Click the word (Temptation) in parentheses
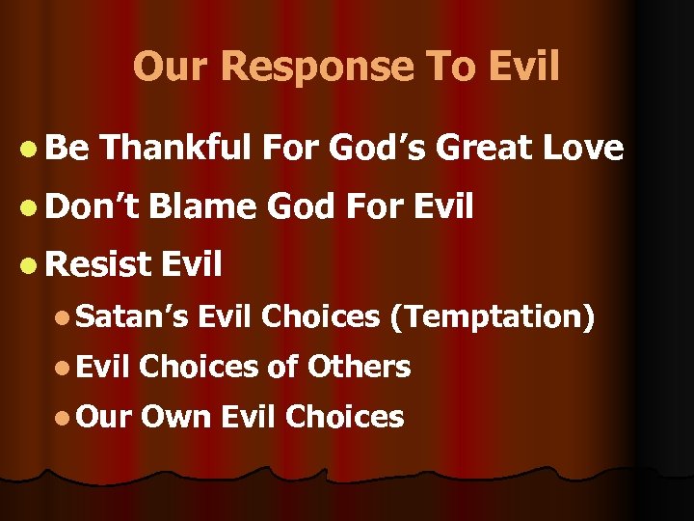(492, 316)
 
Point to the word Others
(360, 367)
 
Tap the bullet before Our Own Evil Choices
(62, 418)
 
